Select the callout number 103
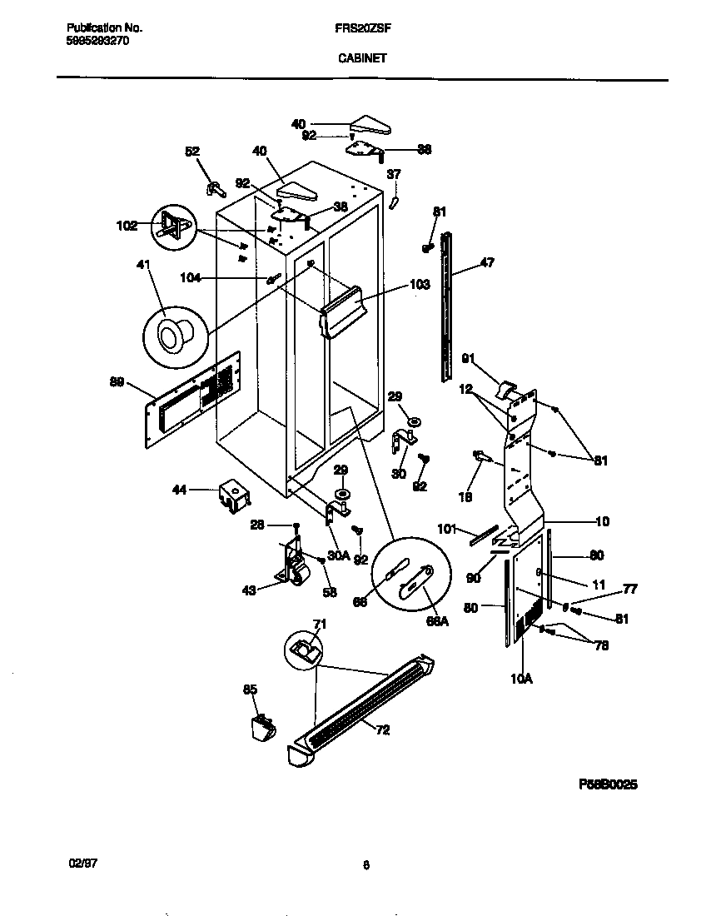coord(420,285)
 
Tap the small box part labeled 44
coord(233,495)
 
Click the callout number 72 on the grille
coord(382,730)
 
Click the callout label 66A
coord(438,620)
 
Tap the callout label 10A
coord(520,679)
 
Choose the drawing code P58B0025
coord(608,784)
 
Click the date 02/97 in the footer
coord(77,864)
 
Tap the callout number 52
coord(192,152)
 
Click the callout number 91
coord(468,359)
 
